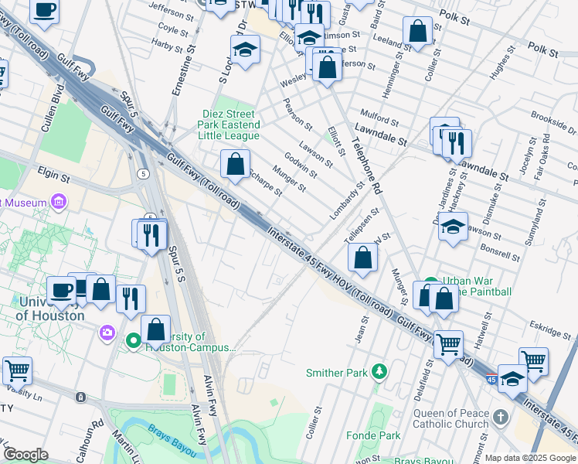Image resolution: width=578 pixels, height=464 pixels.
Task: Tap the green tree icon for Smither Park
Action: click(379, 372)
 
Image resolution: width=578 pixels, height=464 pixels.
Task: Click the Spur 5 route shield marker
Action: click(144, 173)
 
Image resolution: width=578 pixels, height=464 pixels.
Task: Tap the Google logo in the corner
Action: click(25, 455)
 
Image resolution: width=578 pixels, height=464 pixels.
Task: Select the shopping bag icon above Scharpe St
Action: click(236, 164)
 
